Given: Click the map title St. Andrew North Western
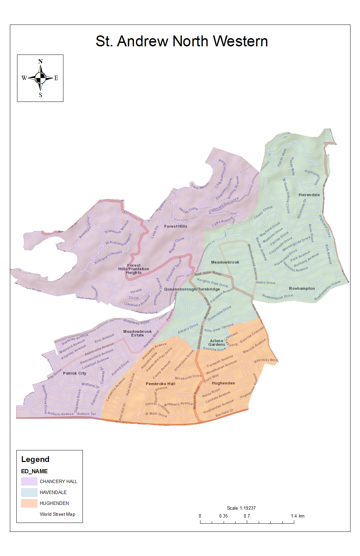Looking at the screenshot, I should [182, 41].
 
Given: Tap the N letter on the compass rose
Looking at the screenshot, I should [40, 62].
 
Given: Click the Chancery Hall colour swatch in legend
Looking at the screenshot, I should [29, 481].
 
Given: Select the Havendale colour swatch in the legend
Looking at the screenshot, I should [29, 492].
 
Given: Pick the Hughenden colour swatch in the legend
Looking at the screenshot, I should [29, 503].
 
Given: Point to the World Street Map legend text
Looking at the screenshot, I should [57, 514].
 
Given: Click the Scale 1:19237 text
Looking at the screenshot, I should [241, 508].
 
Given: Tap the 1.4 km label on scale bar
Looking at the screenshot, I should [298, 516].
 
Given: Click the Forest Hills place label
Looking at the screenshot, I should [176, 226].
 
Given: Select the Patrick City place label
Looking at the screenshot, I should [75, 373].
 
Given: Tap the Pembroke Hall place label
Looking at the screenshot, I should [161, 384].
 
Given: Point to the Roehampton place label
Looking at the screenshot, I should [302, 289].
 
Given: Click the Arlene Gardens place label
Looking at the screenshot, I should [217, 342].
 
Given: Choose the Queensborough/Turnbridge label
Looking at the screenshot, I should [192, 289].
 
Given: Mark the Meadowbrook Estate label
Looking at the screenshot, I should [137, 333].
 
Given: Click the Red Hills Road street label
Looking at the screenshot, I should [208, 273].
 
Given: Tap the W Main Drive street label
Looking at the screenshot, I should [156, 414].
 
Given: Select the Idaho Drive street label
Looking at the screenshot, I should [266, 282].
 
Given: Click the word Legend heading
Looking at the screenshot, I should [35, 459].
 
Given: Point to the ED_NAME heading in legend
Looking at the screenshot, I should [34, 471].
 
